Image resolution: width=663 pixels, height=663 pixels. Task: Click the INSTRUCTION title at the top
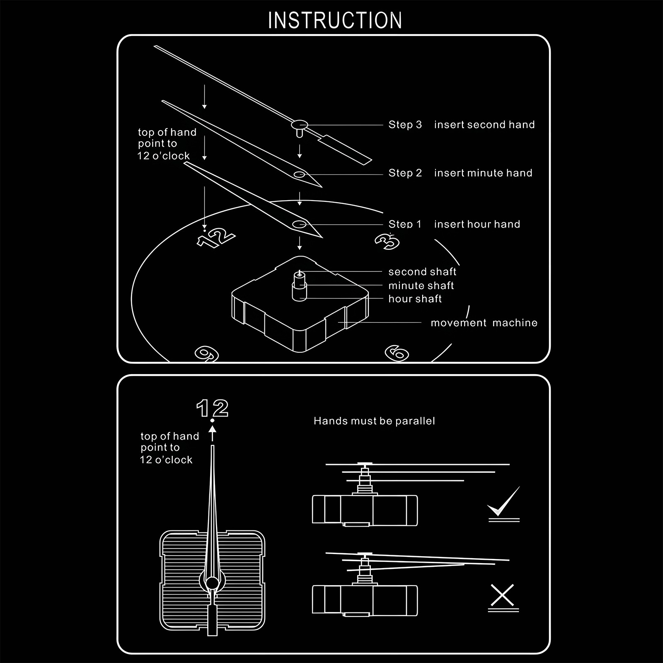(x=335, y=20)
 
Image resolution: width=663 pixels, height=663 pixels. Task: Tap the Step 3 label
(x=405, y=125)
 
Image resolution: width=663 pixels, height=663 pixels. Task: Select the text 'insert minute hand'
(x=483, y=173)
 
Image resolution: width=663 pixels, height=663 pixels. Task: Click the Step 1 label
(x=404, y=225)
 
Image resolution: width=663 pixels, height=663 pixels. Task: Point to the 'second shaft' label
(x=422, y=272)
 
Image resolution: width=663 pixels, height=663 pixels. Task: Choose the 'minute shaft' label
(x=421, y=286)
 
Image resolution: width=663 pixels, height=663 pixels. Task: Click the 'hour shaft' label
(x=415, y=299)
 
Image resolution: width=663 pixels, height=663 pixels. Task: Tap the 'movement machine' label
(x=484, y=323)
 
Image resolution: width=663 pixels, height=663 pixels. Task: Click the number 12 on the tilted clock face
(x=216, y=238)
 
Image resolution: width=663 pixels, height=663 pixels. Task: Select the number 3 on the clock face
(x=387, y=241)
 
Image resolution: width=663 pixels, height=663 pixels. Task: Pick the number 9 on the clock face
(x=207, y=354)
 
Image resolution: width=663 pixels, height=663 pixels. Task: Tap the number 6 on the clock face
(x=397, y=353)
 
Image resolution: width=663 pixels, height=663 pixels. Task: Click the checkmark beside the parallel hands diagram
(x=504, y=503)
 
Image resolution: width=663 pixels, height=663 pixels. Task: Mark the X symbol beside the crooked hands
(x=502, y=595)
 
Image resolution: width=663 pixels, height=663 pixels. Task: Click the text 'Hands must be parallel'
(x=374, y=421)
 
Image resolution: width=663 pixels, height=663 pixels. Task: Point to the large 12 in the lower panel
(x=212, y=409)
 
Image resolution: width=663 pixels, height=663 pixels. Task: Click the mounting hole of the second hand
(x=299, y=124)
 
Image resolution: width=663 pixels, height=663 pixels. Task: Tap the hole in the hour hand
(x=299, y=225)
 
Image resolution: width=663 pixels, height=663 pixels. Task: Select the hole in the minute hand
(x=299, y=174)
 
